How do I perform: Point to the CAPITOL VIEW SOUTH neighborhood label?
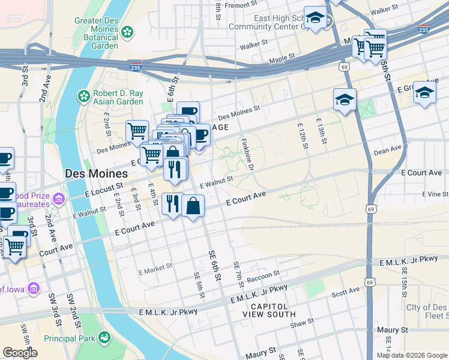(x=269, y=310)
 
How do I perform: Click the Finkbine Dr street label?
(x=248, y=152)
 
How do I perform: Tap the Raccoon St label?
(x=264, y=276)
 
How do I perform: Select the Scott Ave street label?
(x=345, y=292)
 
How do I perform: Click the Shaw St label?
(x=298, y=323)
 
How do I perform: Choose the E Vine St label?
(x=435, y=194)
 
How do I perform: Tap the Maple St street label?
(x=282, y=59)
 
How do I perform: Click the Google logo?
(x=20, y=353)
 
